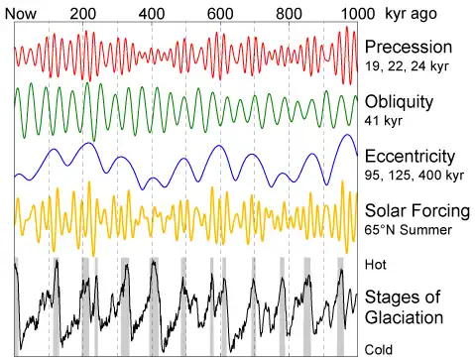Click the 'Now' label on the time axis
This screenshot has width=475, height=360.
pyautogui.click(x=21, y=14)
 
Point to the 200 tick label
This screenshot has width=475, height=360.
pyautogui.click(x=83, y=14)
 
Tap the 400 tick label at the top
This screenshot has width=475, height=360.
pyautogui.click(x=152, y=14)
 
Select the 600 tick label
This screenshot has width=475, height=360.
pyautogui.click(x=220, y=14)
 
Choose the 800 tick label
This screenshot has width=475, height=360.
pyautogui.click(x=289, y=14)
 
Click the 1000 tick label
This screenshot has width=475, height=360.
pyautogui.click(x=358, y=14)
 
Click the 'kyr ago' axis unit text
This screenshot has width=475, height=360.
pyautogui.click(x=411, y=14)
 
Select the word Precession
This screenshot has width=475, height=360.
pyautogui.click(x=409, y=47)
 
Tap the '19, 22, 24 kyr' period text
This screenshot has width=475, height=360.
pyautogui.click(x=407, y=66)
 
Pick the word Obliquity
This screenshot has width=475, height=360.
pyautogui.click(x=399, y=102)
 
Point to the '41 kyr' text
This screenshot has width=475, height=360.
pyautogui.click(x=384, y=121)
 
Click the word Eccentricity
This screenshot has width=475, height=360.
pyautogui.click(x=410, y=157)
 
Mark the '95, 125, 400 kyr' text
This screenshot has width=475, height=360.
pyautogui.click(x=415, y=176)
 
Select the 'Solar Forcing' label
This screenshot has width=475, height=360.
pyautogui.click(x=417, y=211)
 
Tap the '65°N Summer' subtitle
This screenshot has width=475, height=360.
pyautogui.click(x=409, y=230)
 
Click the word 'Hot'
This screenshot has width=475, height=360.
pyautogui.click(x=376, y=265)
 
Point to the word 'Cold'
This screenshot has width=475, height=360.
pyautogui.click(x=379, y=349)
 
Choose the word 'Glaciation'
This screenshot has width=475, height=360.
pyautogui.click(x=404, y=317)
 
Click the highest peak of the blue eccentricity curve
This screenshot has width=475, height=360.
pyautogui.click(x=347, y=135)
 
